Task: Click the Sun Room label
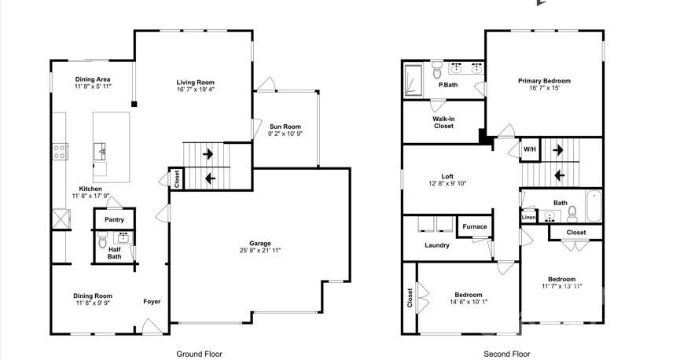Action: [285, 127]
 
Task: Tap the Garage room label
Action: [260, 242]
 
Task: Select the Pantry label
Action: [115, 219]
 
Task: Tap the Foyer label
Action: [152, 301]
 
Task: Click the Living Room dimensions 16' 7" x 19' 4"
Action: [195, 90]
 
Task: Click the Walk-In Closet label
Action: [443, 123]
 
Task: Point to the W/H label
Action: [530, 149]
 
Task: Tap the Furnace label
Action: [474, 227]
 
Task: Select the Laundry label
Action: [437, 245]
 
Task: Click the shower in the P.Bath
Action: [414, 79]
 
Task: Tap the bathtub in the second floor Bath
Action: [592, 206]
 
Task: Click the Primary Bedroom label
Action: [544, 81]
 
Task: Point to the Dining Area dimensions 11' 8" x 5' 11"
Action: [94, 87]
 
